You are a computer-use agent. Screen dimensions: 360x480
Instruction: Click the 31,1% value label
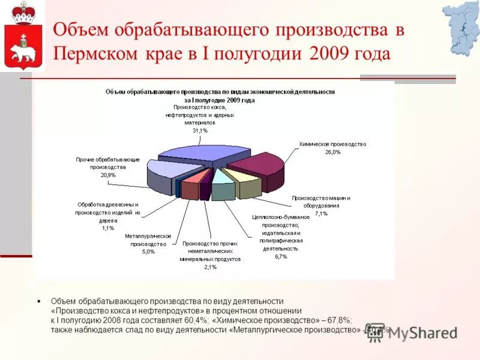click(x=200, y=130)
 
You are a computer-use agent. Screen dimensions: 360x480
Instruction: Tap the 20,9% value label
click(x=108, y=175)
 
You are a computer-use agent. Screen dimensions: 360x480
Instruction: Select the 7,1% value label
click(x=321, y=214)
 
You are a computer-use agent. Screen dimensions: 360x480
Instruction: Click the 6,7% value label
click(x=281, y=256)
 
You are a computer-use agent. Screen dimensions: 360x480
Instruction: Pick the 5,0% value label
click(x=148, y=252)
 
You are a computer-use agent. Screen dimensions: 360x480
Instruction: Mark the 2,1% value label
click(x=210, y=268)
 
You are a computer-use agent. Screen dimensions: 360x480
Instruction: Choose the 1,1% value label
click(x=108, y=228)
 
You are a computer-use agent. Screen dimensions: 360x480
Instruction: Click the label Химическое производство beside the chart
click(x=332, y=144)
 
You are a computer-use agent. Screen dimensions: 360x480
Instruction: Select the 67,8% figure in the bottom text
click(x=340, y=321)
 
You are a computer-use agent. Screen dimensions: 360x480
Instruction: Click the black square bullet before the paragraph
click(x=38, y=301)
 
